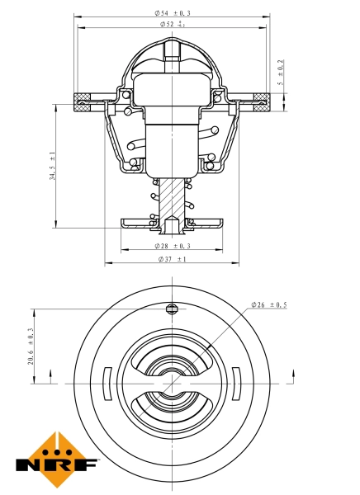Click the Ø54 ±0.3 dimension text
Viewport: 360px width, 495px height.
click(172, 13)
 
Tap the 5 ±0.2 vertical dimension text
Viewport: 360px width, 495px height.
click(281, 73)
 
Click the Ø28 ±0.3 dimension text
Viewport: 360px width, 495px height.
click(172, 246)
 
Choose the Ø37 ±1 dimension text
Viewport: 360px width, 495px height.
click(172, 259)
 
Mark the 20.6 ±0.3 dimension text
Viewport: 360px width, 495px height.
click(31, 346)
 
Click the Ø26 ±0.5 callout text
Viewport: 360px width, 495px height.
click(269, 305)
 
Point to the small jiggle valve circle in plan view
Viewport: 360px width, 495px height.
click(172, 309)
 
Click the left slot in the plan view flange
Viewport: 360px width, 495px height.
click(106, 384)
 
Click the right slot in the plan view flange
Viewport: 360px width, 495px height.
click(238, 384)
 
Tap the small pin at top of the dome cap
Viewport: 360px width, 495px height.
click(172, 51)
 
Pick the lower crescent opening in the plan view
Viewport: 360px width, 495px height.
click(172, 410)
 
